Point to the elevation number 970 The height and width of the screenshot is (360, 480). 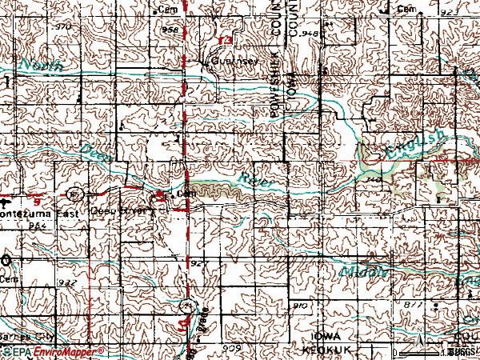pos(64,27)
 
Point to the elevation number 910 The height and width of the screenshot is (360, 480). pos(301,306)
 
